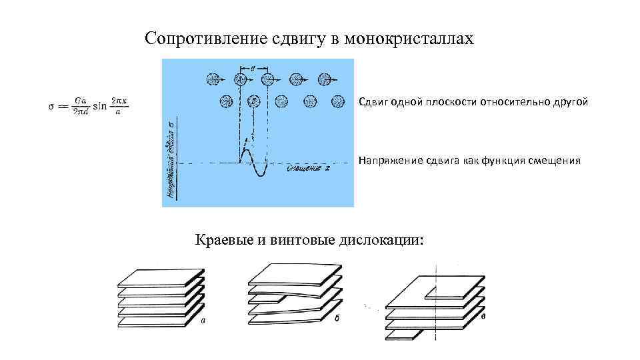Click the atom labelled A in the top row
coord(240,79)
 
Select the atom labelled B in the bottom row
coord(254,101)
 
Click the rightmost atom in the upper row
coord(325,79)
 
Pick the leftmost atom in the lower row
coord(226,101)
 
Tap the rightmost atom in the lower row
coord(338,101)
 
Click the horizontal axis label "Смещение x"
coord(307,170)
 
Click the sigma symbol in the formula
coord(51,107)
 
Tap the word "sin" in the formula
coord(100,107)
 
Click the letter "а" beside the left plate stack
coord(203,321)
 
